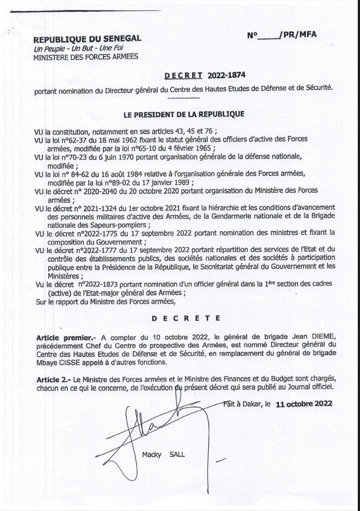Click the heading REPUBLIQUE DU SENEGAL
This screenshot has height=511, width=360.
click(87, 39)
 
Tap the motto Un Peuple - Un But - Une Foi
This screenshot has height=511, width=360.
click(78, 48)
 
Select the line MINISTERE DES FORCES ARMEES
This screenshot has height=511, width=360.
click(85, 57)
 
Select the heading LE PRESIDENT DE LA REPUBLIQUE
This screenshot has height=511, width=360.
click(184, 114)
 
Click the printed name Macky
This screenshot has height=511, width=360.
click(152, 455)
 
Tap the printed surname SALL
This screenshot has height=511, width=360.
click(178, 455)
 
